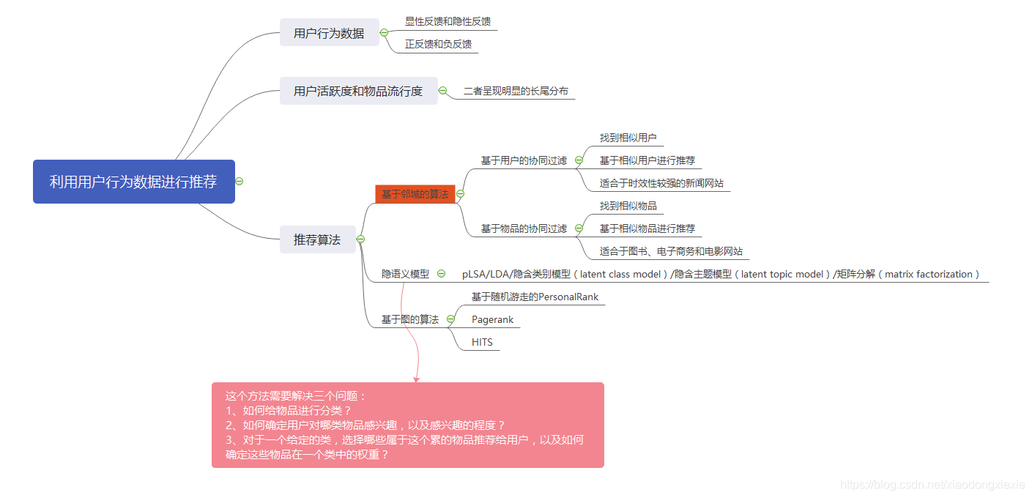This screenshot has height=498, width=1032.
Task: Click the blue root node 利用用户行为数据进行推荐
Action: tap(133, 182)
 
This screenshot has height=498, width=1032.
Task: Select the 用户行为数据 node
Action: tap(329, 33)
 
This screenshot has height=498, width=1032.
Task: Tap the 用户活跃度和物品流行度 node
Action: tap(358, 92)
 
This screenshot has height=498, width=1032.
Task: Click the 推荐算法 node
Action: tap(317, 239)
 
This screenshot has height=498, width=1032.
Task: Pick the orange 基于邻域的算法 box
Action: tap(415, 194)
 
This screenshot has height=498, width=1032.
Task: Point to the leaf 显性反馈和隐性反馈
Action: tap(448, 21)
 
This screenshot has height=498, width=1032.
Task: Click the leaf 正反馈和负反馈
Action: tap(438, 44)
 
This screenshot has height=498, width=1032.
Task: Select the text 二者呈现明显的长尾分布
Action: tap(516, 92)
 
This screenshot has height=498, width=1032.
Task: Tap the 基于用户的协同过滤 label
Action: tap(524, 160)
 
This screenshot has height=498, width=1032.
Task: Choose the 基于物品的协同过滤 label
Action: tap(524, 228)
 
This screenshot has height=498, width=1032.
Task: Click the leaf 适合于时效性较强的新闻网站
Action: tap(661, 183)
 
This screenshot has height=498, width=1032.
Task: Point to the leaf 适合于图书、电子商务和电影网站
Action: tap(671, 251)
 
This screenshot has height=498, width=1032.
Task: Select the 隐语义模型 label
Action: tap(405, 274)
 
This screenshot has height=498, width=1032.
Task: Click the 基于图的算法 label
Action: tap(410, 319)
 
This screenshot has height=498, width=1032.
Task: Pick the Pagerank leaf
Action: tap(493, 319)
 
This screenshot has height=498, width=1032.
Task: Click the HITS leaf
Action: tap(482, 342)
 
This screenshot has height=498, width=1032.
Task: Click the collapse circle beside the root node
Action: tap(239, 182)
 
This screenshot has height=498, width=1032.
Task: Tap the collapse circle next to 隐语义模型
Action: tap(441, 274)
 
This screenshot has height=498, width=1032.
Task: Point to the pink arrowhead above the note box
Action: tap(417, 379)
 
